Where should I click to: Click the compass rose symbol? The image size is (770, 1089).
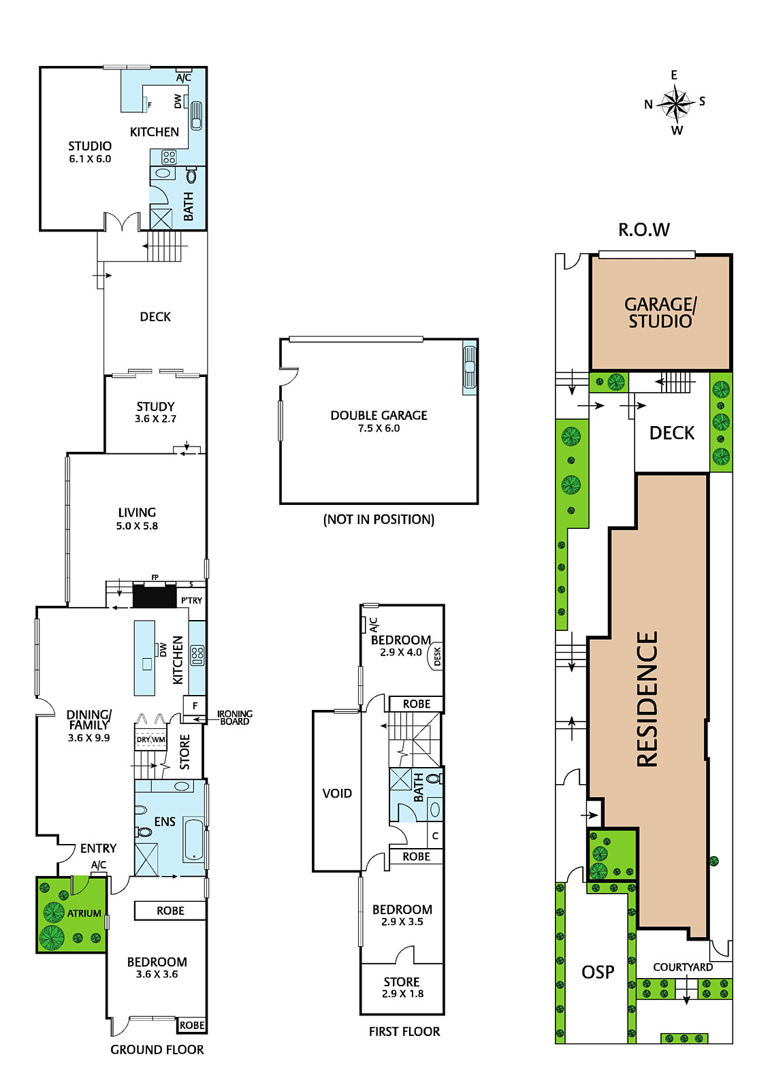[675, 103]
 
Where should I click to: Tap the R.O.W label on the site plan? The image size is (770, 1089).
[643, 230]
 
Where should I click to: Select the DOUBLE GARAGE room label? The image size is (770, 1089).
[379, 415]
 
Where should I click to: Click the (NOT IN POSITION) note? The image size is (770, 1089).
[379, 519]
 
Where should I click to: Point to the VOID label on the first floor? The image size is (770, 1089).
[336, 794]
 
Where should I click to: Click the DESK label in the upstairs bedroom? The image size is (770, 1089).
[437, 656]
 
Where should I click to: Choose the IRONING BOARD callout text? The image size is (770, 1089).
[234, 717]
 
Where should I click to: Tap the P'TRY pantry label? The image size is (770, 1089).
[191, 600]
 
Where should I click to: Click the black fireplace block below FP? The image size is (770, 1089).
[154, 595]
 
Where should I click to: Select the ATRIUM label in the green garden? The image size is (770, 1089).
[84, 913]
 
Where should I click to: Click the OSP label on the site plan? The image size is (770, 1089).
[598, 972]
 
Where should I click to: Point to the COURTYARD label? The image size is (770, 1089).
[682, 967]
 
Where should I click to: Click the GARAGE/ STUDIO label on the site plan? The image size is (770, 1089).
[660, 312]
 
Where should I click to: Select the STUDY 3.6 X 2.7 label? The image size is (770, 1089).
[155, 412]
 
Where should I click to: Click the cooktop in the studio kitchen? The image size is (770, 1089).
[170, 157]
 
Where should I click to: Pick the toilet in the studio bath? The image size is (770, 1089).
[191, 175]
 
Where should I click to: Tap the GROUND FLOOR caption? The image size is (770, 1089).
[157, 1050]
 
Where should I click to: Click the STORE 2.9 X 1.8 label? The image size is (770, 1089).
[402, 988]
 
